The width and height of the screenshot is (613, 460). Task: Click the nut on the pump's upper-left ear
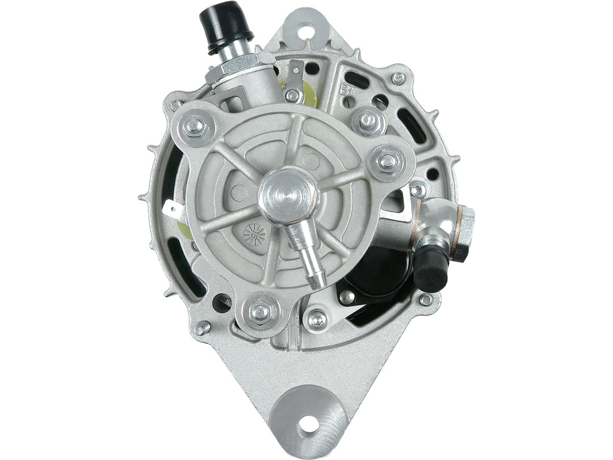point(195,126)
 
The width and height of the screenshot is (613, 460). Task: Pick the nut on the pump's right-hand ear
point(388,162)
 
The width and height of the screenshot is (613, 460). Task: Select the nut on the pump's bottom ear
point(259,311)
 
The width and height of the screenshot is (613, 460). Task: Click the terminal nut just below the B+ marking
point(368,120)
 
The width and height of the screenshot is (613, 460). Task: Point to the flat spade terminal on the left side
point(173,211)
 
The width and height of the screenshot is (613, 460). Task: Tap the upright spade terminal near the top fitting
point(295,74)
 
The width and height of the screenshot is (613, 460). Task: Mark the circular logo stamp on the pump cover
point(254,234)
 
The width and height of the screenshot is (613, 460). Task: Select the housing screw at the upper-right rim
point(398,78)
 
